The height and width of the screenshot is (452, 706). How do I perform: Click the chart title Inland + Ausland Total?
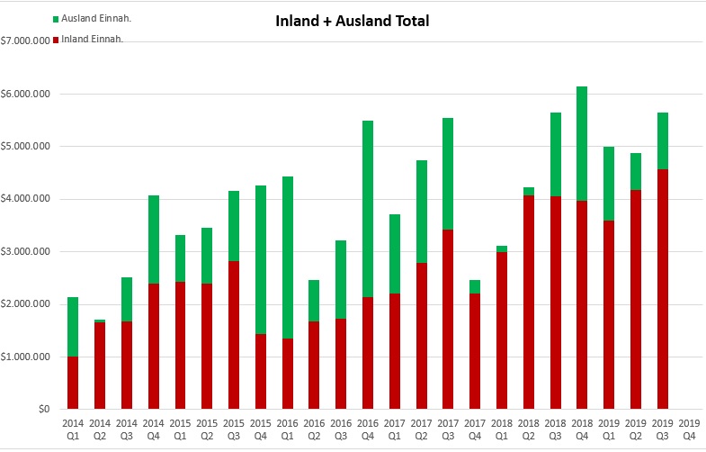pyautogui.click(x=353, y=21)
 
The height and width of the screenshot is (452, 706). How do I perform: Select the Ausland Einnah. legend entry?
pyautogui.click(x=93, y=18)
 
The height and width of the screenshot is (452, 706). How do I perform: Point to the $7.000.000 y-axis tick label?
pyautogui.click(x=26, y=41)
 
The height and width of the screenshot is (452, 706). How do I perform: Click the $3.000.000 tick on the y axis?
pyautogui.click(x=26, y=251)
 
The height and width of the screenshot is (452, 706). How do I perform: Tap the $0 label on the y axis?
pyautogui.click(x=43, y=409)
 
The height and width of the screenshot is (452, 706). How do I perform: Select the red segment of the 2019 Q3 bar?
pyautogui.click(x=663, y=289)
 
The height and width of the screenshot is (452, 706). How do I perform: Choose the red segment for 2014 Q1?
pyautogui.click(x=74, y=383)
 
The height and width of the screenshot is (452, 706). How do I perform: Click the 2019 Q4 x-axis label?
pyautogui.click(x=689, y=426)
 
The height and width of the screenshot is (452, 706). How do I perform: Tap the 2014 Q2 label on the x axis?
pyautogui.click(x=100, y=426)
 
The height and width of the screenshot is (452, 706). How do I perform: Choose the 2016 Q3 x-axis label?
pyautogui.click(x=341, y=426)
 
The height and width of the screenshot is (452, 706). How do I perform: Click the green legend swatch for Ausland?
pyautogui.click(x=58, y=18)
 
